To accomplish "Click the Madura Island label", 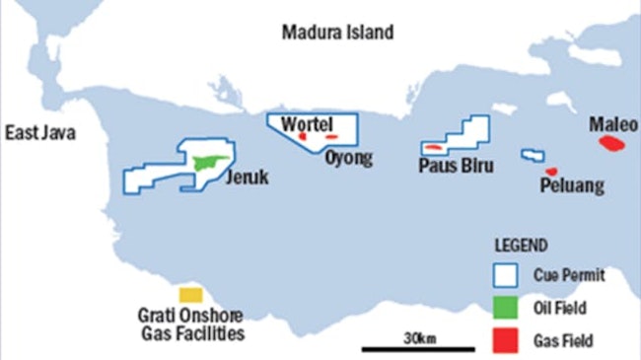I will pos(337,33).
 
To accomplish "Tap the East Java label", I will pos(38,133).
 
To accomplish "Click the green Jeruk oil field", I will pos(211,162).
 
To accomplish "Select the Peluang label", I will pos(572,186).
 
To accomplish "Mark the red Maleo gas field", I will pos(611,144).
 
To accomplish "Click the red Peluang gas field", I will pos(551,172).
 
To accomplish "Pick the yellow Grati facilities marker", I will pos(190,295).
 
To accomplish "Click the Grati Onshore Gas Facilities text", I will pos(190,324).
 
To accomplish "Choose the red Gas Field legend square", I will pos(505,341).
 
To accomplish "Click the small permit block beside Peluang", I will pos(533,156).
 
